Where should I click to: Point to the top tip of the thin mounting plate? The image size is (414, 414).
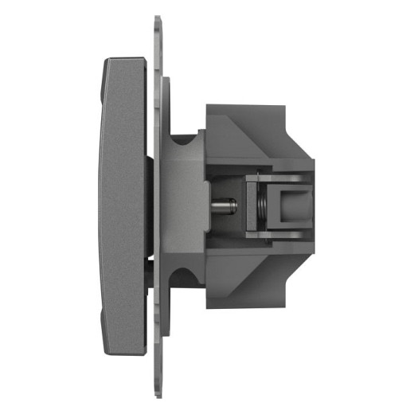pos(157,18)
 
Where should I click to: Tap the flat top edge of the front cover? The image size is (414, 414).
pos(126,59)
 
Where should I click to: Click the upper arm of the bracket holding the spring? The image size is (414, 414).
pos(274,175)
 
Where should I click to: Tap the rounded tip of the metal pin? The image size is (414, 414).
pos(234,206)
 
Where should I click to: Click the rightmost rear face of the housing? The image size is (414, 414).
pos(312,206)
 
